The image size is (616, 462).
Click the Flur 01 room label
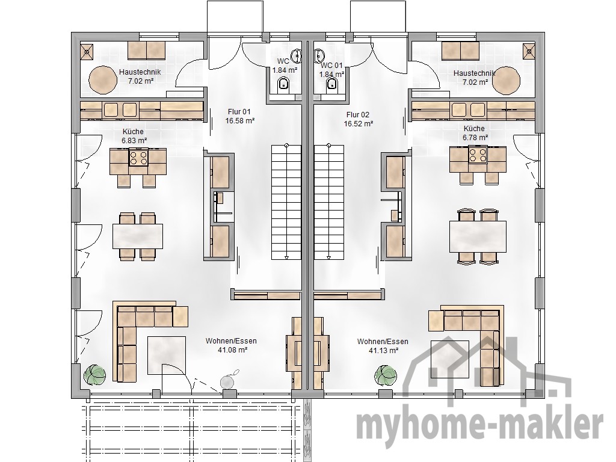click(239, 112)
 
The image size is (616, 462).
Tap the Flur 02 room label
click(357, 115)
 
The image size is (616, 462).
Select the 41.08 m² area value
click(232, 350)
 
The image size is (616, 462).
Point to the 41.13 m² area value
click(383, 351)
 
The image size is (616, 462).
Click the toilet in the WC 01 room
click(332, 84)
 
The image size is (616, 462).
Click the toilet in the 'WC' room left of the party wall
click(283, 84)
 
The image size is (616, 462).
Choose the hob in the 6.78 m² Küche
click(478, 153)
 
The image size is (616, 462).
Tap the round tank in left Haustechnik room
click(103, 80)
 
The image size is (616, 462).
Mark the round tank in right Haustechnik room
click(506, 81)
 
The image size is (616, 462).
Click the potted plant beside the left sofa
click(94, 374)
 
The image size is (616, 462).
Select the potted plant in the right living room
click(386, 376)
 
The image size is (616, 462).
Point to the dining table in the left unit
click(138, 236)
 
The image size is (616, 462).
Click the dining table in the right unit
click(478, 236)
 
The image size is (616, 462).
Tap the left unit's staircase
click(286, 202)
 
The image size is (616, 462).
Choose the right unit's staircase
click(329, 202)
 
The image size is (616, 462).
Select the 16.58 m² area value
click(239, 120)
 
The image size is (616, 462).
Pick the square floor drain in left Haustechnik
click(87, 51)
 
